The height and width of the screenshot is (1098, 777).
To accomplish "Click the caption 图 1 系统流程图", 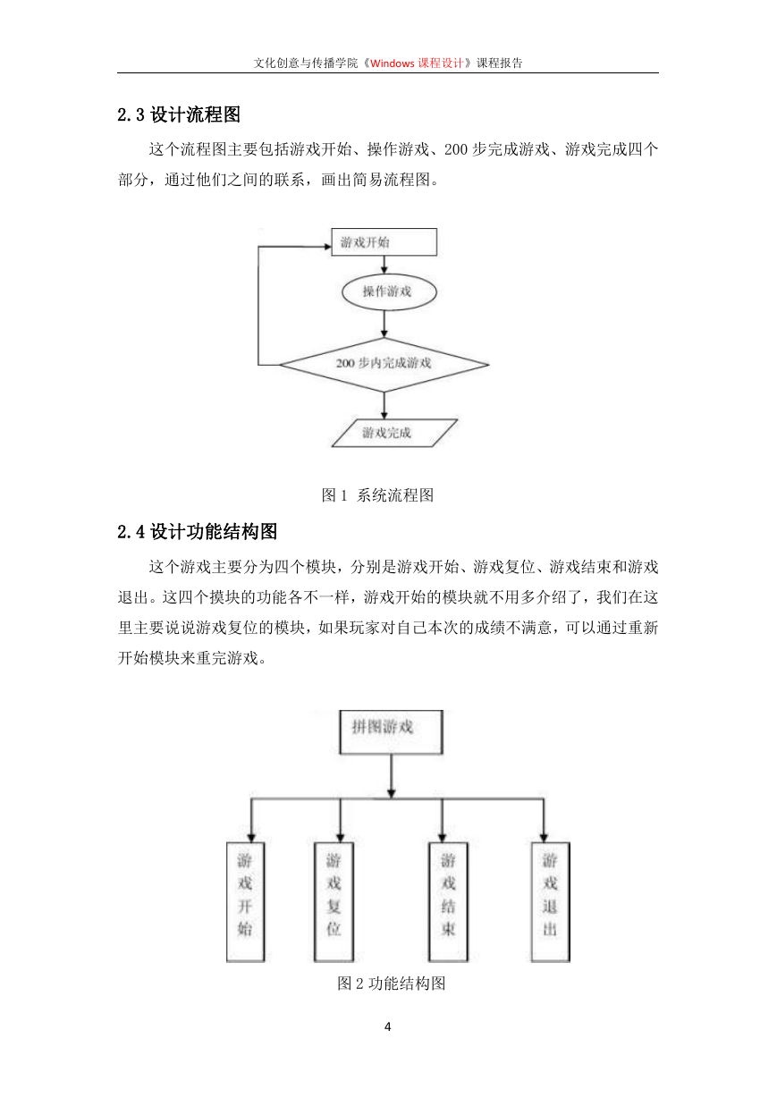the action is coord(377,495).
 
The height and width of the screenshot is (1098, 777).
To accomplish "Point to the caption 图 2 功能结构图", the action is coord(392,983).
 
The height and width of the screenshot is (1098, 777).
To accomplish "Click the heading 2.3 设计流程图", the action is coord(179,114).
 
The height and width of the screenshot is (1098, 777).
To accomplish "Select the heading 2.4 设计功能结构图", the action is coord(197,531).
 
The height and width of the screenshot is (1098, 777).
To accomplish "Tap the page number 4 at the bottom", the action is coord(388,1026).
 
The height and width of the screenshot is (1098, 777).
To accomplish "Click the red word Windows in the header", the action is coord(393,63).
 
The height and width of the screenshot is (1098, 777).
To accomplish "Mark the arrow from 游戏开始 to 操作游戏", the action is coord(384,265).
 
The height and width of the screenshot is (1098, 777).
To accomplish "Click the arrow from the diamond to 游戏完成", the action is coord(384,405).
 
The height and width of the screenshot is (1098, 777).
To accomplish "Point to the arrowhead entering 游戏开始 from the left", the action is coord(328,247).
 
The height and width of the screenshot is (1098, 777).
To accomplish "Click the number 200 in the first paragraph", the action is coord(455,149).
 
